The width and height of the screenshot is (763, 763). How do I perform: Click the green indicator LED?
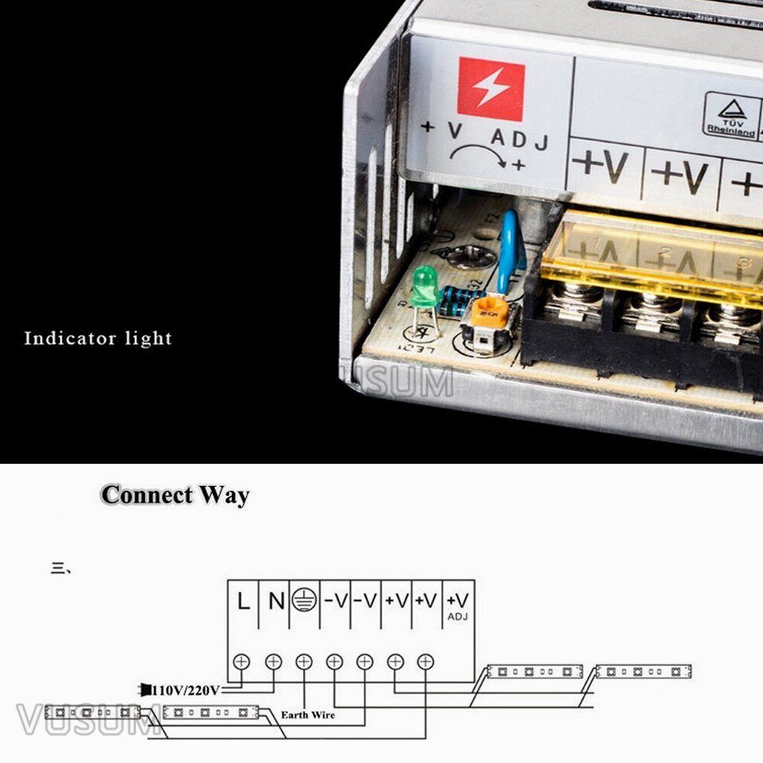(x=423, y=284)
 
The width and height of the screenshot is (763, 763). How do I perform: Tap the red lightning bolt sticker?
(x=491, y=90)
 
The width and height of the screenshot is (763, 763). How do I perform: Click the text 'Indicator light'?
(x=98, y=338)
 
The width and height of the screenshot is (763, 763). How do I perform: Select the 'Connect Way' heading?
(x=175, y=494)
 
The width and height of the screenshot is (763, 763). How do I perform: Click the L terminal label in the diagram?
(x=243, y=601)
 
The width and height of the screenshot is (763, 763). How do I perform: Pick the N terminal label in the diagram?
(x=275, y=601)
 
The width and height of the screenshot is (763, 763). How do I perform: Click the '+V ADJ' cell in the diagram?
(x=458, y=605)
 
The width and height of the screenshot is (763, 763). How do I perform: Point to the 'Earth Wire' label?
(x=307, y=715)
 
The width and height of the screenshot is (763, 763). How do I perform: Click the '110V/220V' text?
(x=186, y=691)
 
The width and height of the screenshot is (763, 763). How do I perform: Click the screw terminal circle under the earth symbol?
(x=304, y=662)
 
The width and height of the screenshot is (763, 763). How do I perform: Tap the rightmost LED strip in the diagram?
(x=642, y=671)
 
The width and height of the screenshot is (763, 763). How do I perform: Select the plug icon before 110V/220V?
(x=145, y=690)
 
